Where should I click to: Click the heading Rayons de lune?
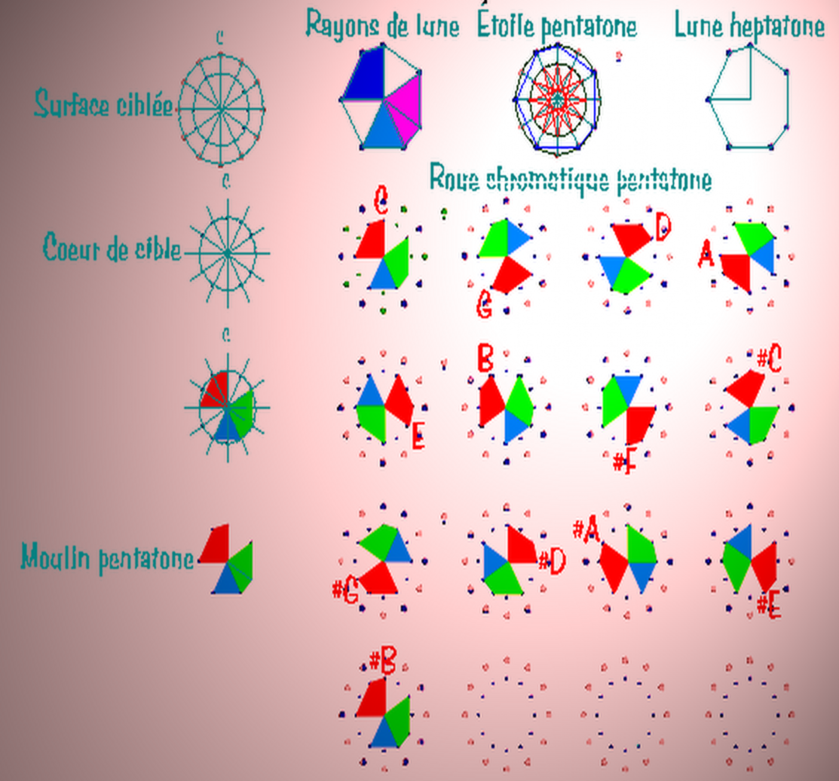click(382, 25)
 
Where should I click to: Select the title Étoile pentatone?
click(557, 25)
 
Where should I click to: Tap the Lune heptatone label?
click(749, 25)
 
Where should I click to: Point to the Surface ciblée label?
click(104, 104)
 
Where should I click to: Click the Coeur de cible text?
click(112, 248)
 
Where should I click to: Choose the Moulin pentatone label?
click(107, 558)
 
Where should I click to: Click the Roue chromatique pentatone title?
click(570, 179)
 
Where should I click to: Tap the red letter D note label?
click(662, 227)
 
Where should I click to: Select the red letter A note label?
click(706, 255)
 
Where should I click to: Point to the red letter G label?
click(484, 304)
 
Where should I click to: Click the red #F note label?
click(624, 463)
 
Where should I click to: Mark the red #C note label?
click(769, 358)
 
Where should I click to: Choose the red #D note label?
click(552, 561)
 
